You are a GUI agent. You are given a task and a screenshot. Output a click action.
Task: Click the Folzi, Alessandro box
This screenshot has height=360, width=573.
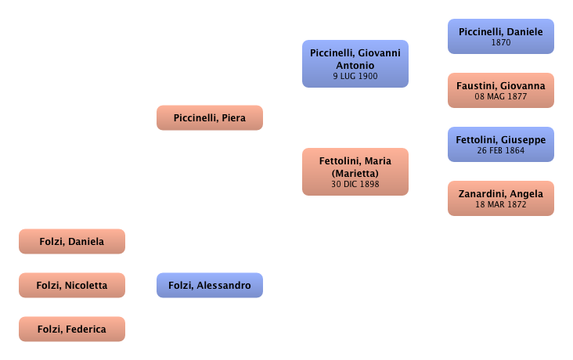pyautogui.click(x=210, y=286)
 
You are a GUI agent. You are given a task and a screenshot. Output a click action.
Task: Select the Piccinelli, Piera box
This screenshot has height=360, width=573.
pyautogui.click(x=209, y=118)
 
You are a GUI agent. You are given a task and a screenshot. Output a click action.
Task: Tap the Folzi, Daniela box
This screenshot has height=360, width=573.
pyautogui.click(x=71, y=242)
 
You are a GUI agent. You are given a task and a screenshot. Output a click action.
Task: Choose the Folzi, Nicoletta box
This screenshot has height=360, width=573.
pyautogui.click(x=71, y=285)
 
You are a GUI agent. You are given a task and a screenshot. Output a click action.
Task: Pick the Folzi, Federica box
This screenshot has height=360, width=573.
pyautogui.click(x=71, y=329)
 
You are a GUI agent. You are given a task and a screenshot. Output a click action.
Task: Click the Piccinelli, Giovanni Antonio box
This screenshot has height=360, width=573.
pyautogui.click(x=355, y=64)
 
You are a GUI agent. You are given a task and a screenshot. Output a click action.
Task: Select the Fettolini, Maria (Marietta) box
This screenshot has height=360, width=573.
pyautogui.click(x=355, y=171)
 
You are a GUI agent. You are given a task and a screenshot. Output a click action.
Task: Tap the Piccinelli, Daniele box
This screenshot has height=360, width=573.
pyautogui.click(x=501, y=36)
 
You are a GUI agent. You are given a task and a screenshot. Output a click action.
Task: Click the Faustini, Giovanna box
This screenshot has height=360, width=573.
pyautogui.click(x=501, y=90)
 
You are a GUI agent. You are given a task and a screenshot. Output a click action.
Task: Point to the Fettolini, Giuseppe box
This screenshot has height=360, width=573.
pyautogui.click(x=501, y=144)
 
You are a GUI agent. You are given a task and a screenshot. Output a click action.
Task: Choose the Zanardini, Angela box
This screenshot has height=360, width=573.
pyautogui.click(x=501, y=198)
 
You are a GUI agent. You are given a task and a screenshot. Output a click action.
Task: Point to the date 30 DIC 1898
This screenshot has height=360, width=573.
pyautogui.click(x=355, y=185)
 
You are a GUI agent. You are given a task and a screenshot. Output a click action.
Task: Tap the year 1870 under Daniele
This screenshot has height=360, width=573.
pyautogui.click(x=501, y=44)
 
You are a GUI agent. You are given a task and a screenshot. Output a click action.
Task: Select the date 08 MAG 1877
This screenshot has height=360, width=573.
pyautogui.click(x=501, y=98)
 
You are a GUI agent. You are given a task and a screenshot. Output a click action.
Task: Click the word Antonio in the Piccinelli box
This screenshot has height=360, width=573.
pyautogui.click(x=355, y=65)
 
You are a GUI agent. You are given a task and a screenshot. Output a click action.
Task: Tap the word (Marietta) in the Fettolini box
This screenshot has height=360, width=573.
pyautogui.click(x=355, y=173)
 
